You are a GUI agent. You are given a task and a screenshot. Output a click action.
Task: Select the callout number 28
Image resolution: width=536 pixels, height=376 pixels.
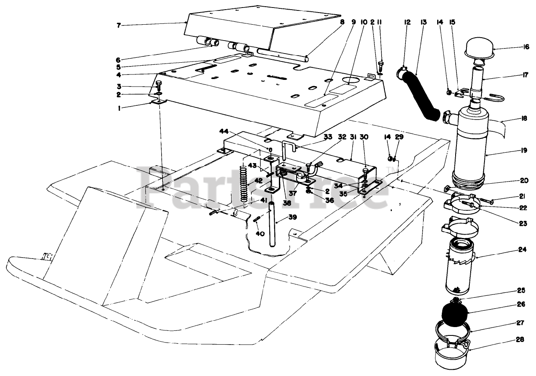[520, 340]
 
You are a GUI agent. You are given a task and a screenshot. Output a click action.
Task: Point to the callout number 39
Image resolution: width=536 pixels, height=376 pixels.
[293, 217]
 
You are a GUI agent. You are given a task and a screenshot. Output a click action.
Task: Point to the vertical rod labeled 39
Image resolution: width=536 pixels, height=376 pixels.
[272, 224]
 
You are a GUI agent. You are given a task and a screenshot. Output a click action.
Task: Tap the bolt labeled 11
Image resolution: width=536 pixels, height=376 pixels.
[381, 65]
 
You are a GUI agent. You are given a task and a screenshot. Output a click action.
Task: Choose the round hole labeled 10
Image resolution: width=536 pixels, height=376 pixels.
[351, 79]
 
